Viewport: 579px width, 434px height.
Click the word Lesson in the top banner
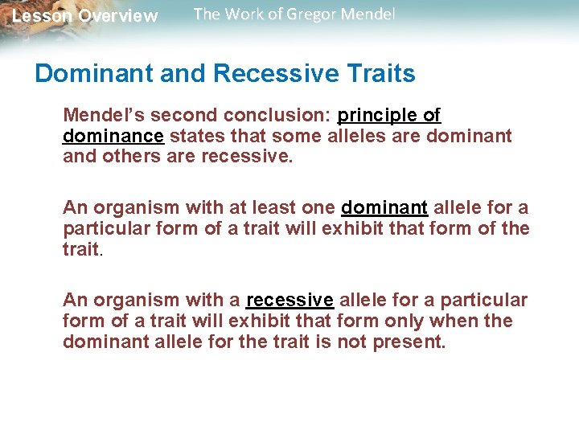[x=41, y=16]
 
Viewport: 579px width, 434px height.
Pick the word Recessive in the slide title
[x=273, y=74]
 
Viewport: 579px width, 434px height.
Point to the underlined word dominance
[x=113, y=136]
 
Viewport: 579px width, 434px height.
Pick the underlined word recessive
[x=289, y=301]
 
